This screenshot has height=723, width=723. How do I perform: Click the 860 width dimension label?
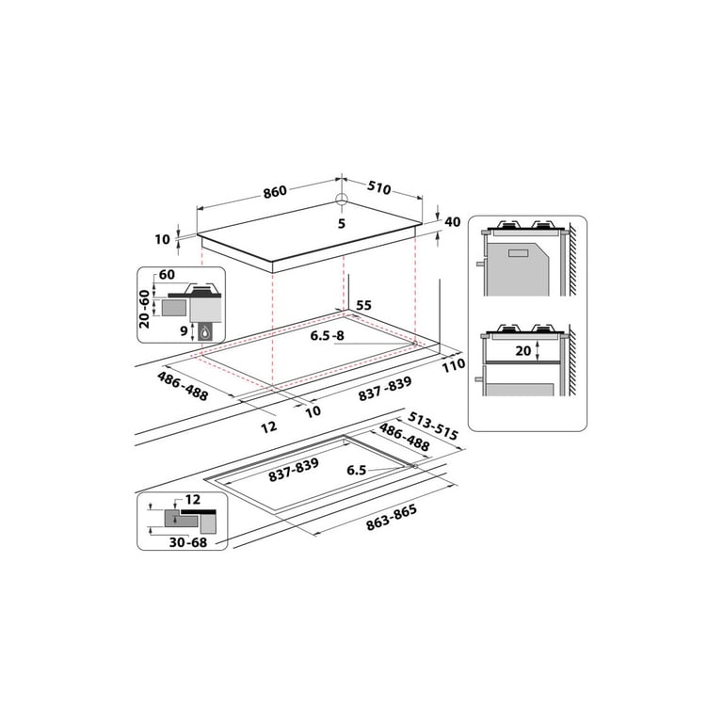[275, 191]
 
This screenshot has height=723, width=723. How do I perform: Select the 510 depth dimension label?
[379, 187]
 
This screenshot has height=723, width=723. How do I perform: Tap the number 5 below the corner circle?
[341, 224]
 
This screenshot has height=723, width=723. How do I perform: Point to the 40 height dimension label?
[452, 222]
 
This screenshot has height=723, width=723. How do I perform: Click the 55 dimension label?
[363, 305]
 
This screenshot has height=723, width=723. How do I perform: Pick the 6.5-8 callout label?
[327, 336]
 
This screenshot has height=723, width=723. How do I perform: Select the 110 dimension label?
[454, 365]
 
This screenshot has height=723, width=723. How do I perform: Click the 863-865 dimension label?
[392, 518]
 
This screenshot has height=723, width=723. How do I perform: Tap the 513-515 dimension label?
[433, 426]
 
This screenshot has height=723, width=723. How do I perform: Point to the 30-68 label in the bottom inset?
[188, 542]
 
